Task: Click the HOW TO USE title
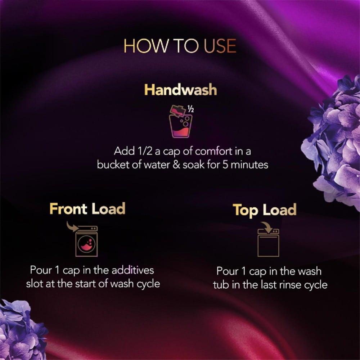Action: [180, 46]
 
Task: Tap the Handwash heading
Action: [180, 90]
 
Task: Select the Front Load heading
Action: [87, 208]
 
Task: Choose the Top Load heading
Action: [265, 210]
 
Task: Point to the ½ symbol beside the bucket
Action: [190, 109]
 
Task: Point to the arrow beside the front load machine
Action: [72, 226]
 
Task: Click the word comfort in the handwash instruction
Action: [213, 151]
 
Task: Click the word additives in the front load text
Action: [133, 270]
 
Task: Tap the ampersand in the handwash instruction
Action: [176, 165]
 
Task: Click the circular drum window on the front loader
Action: [86, 244]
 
